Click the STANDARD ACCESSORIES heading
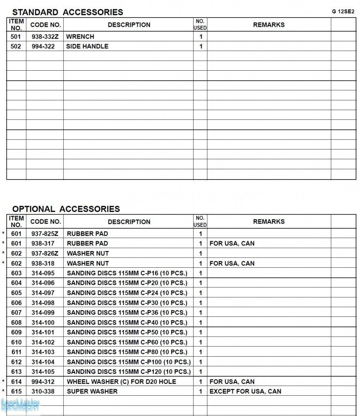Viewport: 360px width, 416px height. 67,12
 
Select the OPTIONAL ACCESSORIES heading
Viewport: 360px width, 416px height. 66,209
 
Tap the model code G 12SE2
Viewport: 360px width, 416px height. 343,11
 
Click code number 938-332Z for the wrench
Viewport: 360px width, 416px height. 45,37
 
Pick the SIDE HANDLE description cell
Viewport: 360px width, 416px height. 87,46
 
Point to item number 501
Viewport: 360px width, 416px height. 16,37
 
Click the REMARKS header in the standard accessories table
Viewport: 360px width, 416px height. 269,25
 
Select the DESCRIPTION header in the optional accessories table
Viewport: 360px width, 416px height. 129,222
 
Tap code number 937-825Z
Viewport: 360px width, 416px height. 45,234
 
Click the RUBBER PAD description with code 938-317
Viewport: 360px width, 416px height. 87,243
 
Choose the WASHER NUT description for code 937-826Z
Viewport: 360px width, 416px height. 88,253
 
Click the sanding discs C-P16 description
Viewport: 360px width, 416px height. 127,273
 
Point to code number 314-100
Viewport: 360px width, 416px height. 43,323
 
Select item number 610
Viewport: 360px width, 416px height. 17,342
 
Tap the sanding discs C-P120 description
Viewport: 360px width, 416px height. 129,372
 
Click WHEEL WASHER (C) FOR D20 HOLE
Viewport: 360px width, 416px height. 121,381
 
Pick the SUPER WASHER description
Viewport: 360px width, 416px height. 92,391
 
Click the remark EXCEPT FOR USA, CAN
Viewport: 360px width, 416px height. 245,391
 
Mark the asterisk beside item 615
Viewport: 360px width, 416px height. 4,392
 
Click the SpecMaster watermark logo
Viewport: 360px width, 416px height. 20,405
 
